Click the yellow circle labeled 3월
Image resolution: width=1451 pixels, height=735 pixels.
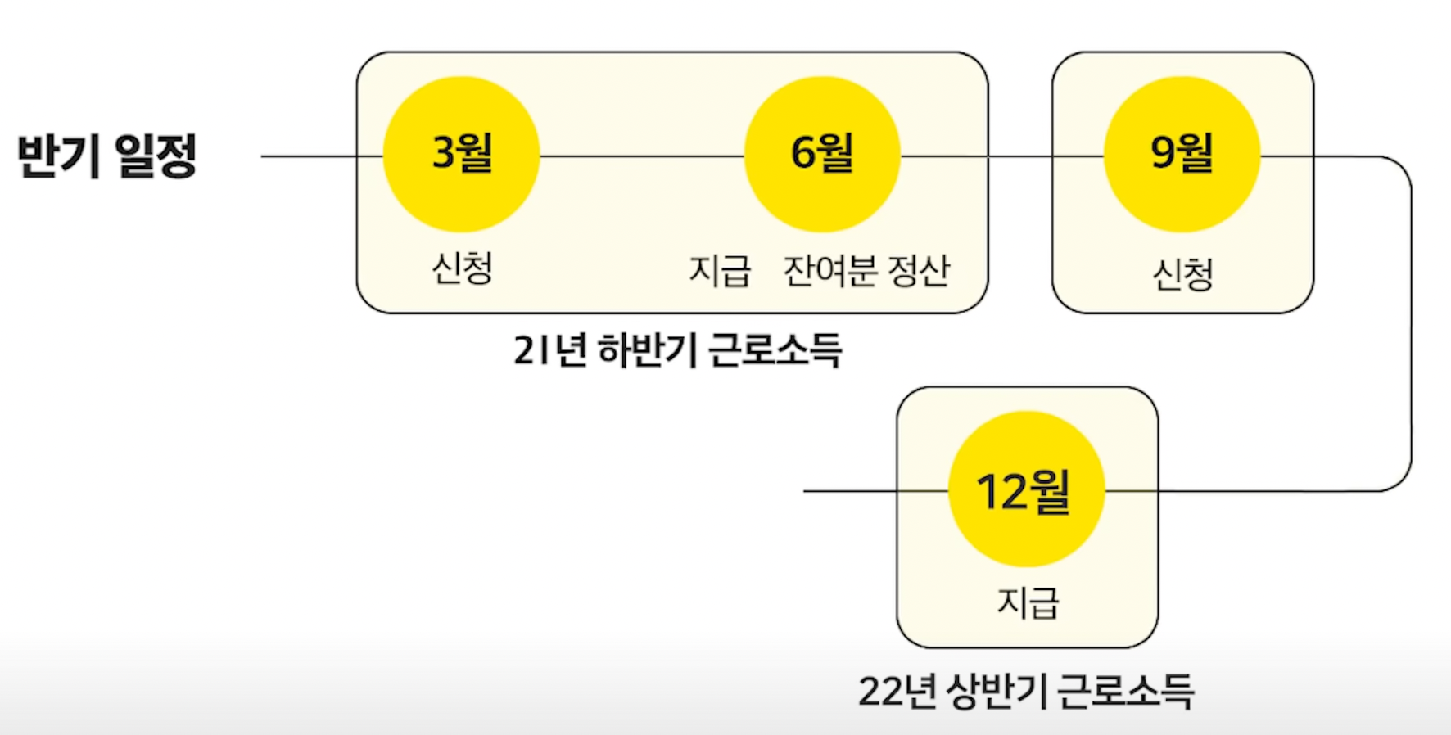(x=461, y=154)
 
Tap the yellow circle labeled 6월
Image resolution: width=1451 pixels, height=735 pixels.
(x=821, y=154)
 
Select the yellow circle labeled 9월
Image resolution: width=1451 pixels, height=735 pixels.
(x=1182, y=154)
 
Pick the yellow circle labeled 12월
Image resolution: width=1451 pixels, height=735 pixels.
(x=1026, y=489)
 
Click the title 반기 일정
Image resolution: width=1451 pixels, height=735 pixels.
(x=107, y=155)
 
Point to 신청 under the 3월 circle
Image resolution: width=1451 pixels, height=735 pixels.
(x=462, y=268)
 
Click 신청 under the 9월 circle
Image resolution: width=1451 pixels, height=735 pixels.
(x=1182, y=274)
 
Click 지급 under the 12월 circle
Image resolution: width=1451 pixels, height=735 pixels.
(x=1028, y=603)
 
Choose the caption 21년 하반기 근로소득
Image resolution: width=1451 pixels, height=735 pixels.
(x=677, y=350)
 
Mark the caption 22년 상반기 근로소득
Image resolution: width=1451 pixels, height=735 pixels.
(x=1026, y=691)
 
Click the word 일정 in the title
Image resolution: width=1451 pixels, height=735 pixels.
(x=156, y=155)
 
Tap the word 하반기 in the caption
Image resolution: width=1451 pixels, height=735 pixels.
(x=649, y=350)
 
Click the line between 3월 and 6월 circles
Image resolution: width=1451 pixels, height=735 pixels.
(x=641, y=156)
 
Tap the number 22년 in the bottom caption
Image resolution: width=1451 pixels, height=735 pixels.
(x=897, y=691)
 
